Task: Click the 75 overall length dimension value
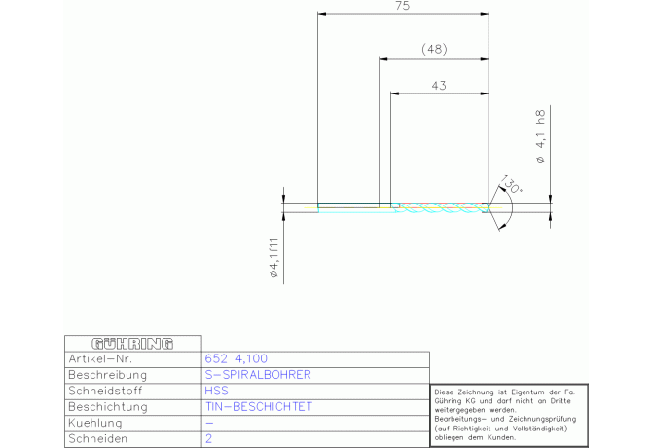coord(403,6)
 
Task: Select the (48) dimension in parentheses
coord(435,49)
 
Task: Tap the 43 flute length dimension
coord(439,86)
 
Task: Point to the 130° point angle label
coord(511,185)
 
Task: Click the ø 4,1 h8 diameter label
coord(540,136)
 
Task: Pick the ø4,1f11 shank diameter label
coord(274,257)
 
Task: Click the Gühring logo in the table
coord(132,344)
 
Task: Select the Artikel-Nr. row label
coord(100,359)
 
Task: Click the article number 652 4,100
coord(235,358)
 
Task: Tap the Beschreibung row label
coord(108,375)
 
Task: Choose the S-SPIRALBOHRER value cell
coord(258,375)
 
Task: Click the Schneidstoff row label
coord(105,391)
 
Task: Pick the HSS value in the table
coord(216,391)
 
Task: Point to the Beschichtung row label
coord(108,407)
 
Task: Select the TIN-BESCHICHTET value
coord(258,407)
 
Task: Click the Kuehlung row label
coord(95,423)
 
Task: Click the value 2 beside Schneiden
coord(209,438)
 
